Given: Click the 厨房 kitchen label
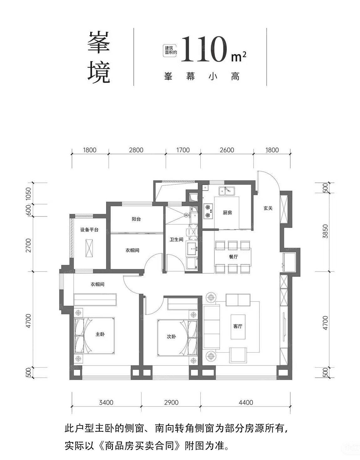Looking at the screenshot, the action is (x=227, y=213).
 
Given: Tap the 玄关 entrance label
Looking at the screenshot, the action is (x=268, y=208).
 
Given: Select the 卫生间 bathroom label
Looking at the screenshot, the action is (x=176, y=240).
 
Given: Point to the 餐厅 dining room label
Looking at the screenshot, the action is (x=233, y=256).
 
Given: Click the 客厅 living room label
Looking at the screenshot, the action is (x=238, y=326).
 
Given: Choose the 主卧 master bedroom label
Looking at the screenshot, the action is (x=100, y=334).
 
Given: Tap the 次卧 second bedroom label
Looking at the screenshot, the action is (x=171, y=337).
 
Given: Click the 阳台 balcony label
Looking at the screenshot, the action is (x=136, y=219).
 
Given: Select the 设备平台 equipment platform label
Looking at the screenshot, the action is (x=89, y=230).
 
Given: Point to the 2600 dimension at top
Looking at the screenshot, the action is (x=227, y=150).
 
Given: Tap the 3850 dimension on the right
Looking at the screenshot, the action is (x=326, y=231).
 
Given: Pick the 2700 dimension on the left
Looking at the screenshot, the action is (x=28, y=246).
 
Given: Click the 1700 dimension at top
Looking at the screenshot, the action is (x=183, y=150).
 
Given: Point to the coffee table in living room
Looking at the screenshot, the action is (x=238, y=327).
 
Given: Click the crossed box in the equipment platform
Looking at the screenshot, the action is (x=89, y=248).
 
